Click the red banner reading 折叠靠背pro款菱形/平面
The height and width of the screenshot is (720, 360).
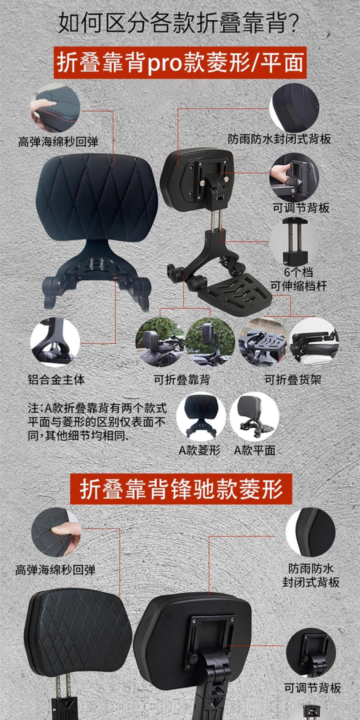pyautogui.click(x=180, y=63)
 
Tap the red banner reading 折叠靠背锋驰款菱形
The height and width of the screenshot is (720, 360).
pyautogui.click(x=181, y=489)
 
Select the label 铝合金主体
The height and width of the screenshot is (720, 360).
pyautogui.click(x=56, y=380)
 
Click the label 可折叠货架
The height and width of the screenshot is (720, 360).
pyautogui.click(x=293, y=380)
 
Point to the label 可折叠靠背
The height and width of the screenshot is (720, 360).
pyautogui.click(x=182, y=380)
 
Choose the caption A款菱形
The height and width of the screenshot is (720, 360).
pyautogui.click(x=200, y=450)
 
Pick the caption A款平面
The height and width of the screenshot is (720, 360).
pyautogui.click(x=255, y=450)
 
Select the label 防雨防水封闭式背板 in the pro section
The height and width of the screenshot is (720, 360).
pyautogui.click(x=279, y=139)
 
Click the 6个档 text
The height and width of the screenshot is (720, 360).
pyautogui.click(x=298, y=272)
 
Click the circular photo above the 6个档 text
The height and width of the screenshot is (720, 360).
pyautogui.click(x=294, y=241)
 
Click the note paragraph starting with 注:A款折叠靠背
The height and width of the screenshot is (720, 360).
pyautogui.click(x=97, y=422)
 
